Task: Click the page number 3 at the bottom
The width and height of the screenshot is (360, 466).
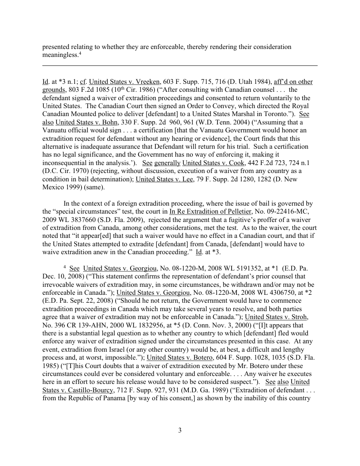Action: pos(180,431)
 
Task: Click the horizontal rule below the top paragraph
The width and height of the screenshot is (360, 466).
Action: pos(180,65)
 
